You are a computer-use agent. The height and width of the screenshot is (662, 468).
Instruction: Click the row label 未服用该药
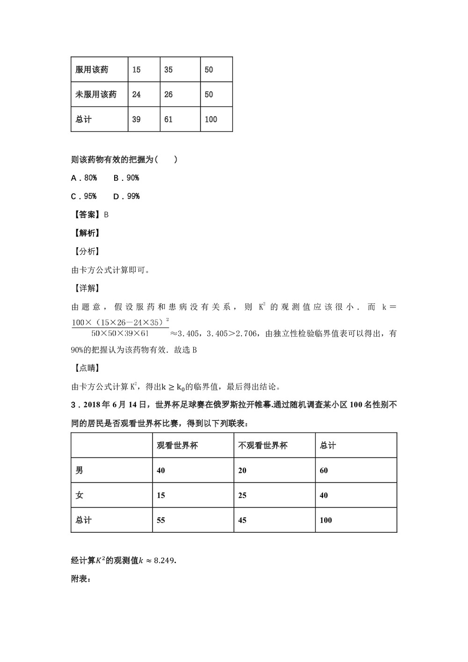point(96,95)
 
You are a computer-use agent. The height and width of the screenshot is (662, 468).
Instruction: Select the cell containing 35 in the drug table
point(168,70)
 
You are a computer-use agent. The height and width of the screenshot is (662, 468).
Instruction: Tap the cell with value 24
point(136,95)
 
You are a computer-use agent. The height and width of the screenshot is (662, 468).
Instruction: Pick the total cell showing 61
point(168,119)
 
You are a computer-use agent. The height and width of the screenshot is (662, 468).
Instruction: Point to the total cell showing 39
point(136,119)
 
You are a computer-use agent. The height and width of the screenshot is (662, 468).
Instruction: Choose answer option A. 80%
point(84,178)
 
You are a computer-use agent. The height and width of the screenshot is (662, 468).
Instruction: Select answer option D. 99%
point(126,196)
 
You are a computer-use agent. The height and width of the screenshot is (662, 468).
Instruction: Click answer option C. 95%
point(84,196)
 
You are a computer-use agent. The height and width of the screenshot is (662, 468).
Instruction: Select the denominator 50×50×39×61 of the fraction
point(120,334)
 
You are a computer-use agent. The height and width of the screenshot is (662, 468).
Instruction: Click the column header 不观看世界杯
point(263,445)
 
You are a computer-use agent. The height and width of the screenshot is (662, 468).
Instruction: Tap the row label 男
point(80,470)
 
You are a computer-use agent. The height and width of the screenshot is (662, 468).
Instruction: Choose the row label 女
point(80,495)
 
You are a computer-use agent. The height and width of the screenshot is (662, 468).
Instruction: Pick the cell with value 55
point(161,520)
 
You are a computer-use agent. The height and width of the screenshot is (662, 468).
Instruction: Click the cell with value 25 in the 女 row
point(242,495)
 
